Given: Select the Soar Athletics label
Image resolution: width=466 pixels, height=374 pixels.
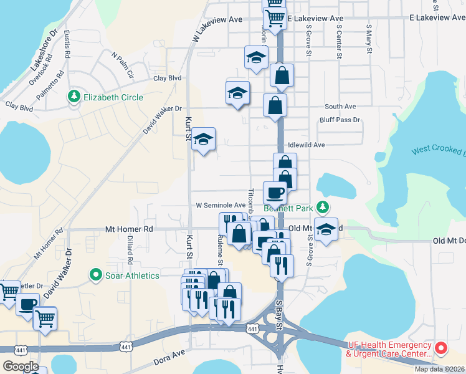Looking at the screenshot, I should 132,275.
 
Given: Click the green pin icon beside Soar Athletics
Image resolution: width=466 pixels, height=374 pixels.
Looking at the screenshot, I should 96,274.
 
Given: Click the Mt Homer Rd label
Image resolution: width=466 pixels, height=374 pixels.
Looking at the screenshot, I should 129,229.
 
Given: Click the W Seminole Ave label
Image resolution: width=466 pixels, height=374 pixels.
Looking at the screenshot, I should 221,204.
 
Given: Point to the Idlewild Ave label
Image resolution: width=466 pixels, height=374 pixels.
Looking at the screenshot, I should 307,145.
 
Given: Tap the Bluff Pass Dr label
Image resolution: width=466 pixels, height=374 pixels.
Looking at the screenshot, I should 340,120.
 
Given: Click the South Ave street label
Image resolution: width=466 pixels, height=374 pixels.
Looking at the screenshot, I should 340,107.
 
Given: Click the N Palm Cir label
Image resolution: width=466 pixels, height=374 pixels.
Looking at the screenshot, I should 123,65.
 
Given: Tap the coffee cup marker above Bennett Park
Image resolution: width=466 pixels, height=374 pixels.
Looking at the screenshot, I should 275,193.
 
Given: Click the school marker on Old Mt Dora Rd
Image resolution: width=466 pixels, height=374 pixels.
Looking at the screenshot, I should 326,229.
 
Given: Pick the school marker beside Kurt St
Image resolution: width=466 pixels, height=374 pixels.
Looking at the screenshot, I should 203,140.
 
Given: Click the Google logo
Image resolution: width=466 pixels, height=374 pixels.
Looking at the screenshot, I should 21,367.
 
